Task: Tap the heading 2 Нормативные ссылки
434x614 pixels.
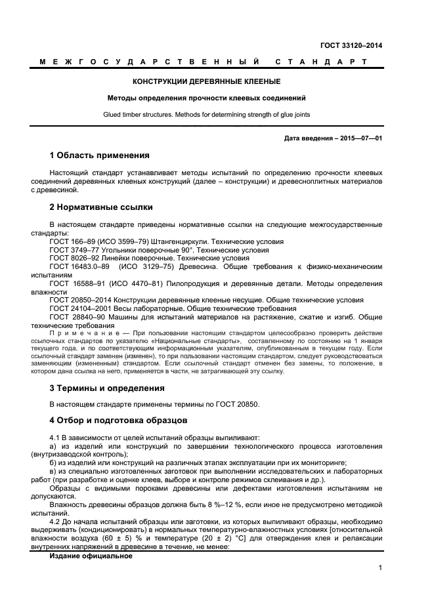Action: click(101, 208)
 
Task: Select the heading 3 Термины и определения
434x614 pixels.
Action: click(107, 388)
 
